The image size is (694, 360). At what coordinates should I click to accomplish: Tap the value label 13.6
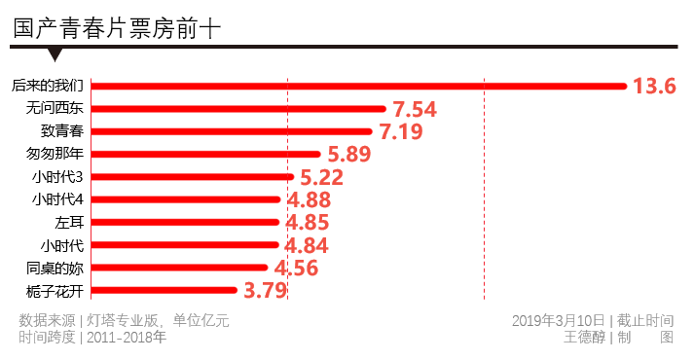tap(654, 86)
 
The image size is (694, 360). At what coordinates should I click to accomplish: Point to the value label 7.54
tap(415, 108)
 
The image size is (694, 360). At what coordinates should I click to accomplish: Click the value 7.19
tap(400, 130)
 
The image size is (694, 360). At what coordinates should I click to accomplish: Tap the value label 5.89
tap(349, 154)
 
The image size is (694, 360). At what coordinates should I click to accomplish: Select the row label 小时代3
tap(57, 176)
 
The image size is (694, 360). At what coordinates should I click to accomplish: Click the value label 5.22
tap(322, 177)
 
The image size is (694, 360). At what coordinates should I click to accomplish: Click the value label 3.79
tap(265, 290)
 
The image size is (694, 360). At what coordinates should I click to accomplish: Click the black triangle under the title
tap(55, 54)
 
